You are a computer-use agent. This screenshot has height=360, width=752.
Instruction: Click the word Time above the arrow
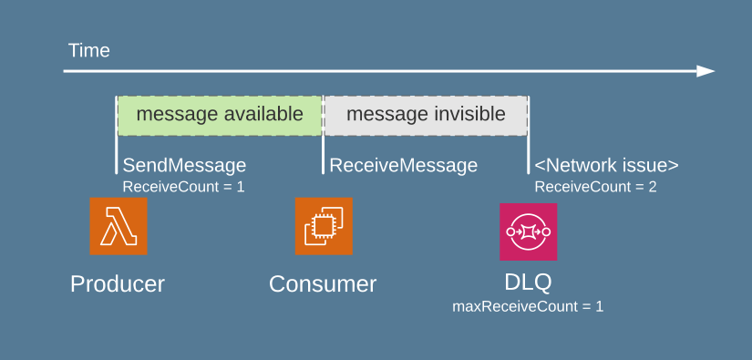click(x=88, y=51)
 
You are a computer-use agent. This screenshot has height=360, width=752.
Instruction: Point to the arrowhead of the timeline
click(x=706, y=71)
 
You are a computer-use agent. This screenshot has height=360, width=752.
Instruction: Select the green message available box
click(x=220, y=115)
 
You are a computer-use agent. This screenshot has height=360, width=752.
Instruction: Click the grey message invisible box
click(x=426, y=115)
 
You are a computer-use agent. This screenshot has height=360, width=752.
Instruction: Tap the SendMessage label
click(x=184, y=165)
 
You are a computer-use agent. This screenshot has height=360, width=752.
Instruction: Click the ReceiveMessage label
click(x=403, y=165)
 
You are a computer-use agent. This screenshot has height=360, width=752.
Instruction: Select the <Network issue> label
click(x=606, y=165)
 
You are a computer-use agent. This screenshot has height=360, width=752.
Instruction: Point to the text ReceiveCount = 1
click(x=183, y=187)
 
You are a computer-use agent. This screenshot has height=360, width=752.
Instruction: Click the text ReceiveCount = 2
click(x=595, y=187)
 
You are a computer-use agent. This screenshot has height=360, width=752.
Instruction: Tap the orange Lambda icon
click(x=118, y=226)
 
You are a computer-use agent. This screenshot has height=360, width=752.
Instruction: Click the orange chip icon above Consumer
click(x=324, y=226)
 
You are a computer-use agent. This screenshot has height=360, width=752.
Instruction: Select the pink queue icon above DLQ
click(x=528, y=231)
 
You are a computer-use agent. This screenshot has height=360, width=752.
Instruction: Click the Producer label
click(x=118, y=283)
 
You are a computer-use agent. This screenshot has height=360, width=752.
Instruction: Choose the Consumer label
click(x=323, y=283)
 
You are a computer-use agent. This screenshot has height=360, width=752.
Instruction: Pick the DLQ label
click(x=528, y=281)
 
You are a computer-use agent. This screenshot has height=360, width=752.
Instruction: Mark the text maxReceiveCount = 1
click(x=528, y=306)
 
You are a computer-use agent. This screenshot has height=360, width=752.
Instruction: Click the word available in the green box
click(x=261, y=115)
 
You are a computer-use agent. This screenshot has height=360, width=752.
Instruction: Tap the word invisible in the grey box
click(x=464, y=115)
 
